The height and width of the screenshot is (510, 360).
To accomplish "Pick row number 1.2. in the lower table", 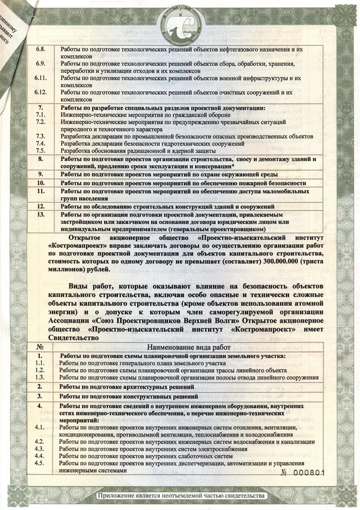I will [41, 370].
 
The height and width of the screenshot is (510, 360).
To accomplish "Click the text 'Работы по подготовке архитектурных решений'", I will [127, 387].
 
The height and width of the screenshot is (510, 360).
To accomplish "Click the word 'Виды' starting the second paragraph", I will [79, 286].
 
